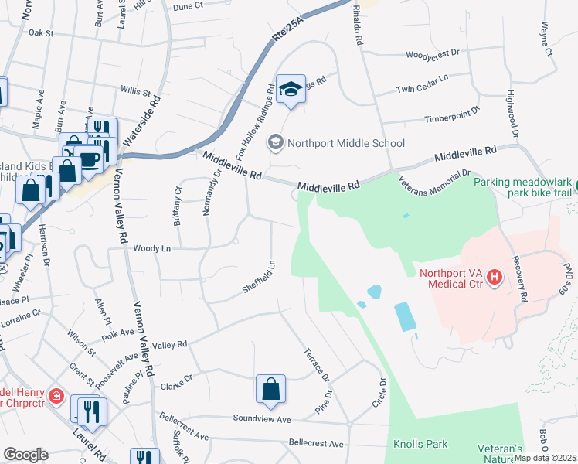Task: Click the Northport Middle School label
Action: pos(345,143)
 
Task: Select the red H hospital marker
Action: pos(495,277)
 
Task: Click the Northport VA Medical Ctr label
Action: pos(451,278)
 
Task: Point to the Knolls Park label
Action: pos(420,445)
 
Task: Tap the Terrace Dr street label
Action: pos(317,364)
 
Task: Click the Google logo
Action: pos(25,454)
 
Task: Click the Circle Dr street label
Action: pos(379,394)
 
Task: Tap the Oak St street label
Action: pos(39,33)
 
